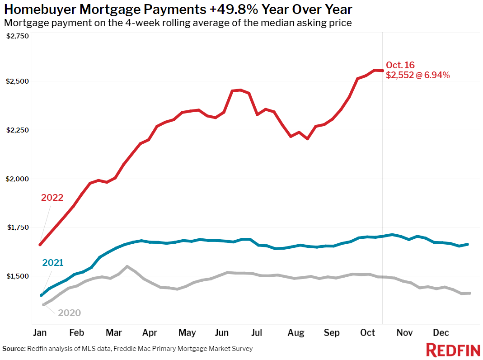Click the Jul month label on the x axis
click(256, 333)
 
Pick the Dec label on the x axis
click(441, 333)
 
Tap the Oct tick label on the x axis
click(367, 333)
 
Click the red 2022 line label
click(52, 198)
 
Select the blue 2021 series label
click(52, 263)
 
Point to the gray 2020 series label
click(69, 313)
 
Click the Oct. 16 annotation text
click(400, 66)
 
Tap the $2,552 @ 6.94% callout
click(417, 76)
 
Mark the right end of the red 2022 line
click(382, 71)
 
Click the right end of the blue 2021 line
click(467, 244)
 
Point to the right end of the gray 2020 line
click(470, 293)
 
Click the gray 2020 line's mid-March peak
click(127, 266)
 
